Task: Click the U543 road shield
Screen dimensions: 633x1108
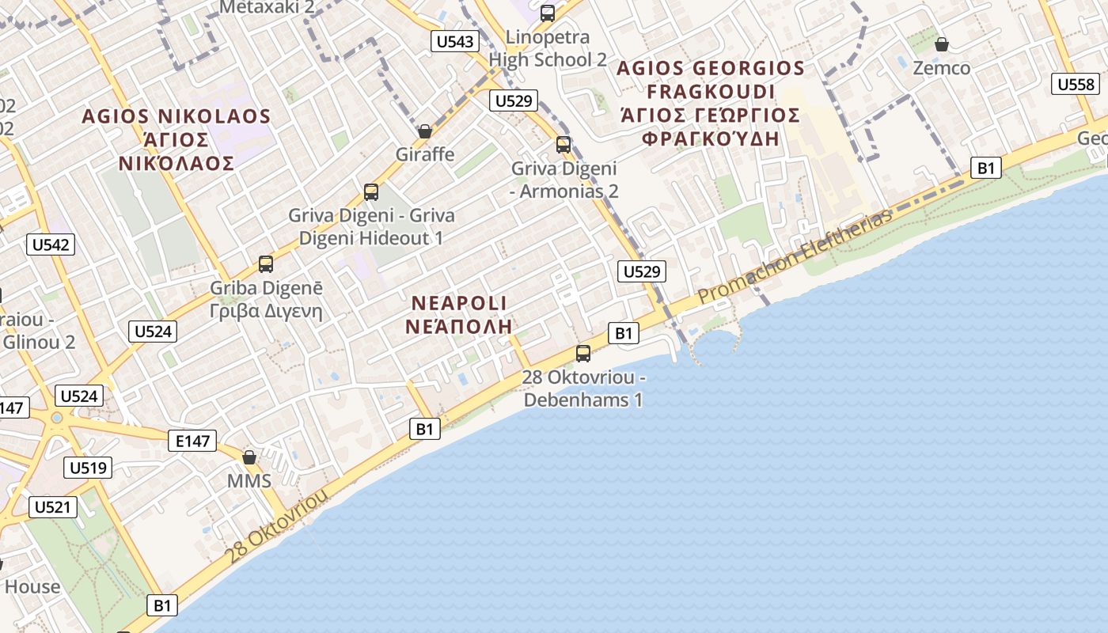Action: coord(455,41)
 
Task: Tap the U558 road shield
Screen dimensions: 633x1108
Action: coord(1076,85)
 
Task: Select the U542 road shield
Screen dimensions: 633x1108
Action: coord(51,244)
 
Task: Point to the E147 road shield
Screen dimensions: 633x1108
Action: coord(193,441)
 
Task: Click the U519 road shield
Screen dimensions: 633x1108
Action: coord(88,468)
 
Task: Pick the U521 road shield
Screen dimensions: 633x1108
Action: coord(53,507)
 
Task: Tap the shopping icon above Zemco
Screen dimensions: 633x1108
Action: coord(942,44)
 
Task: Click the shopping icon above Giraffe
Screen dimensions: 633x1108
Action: coord(425,131)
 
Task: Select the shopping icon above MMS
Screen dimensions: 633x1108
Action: coord(249,457)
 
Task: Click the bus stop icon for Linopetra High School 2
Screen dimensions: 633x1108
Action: coord(548,13)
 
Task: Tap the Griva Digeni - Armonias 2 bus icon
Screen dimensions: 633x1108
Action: coord(563,145)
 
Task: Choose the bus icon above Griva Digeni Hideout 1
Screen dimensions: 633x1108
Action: coord(371,191)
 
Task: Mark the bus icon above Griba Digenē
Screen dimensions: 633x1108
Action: coord(266,264)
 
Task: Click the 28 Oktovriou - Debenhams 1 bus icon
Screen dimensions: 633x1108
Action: coord(583,354)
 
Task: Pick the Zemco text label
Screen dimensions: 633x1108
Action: coord(942,68)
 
